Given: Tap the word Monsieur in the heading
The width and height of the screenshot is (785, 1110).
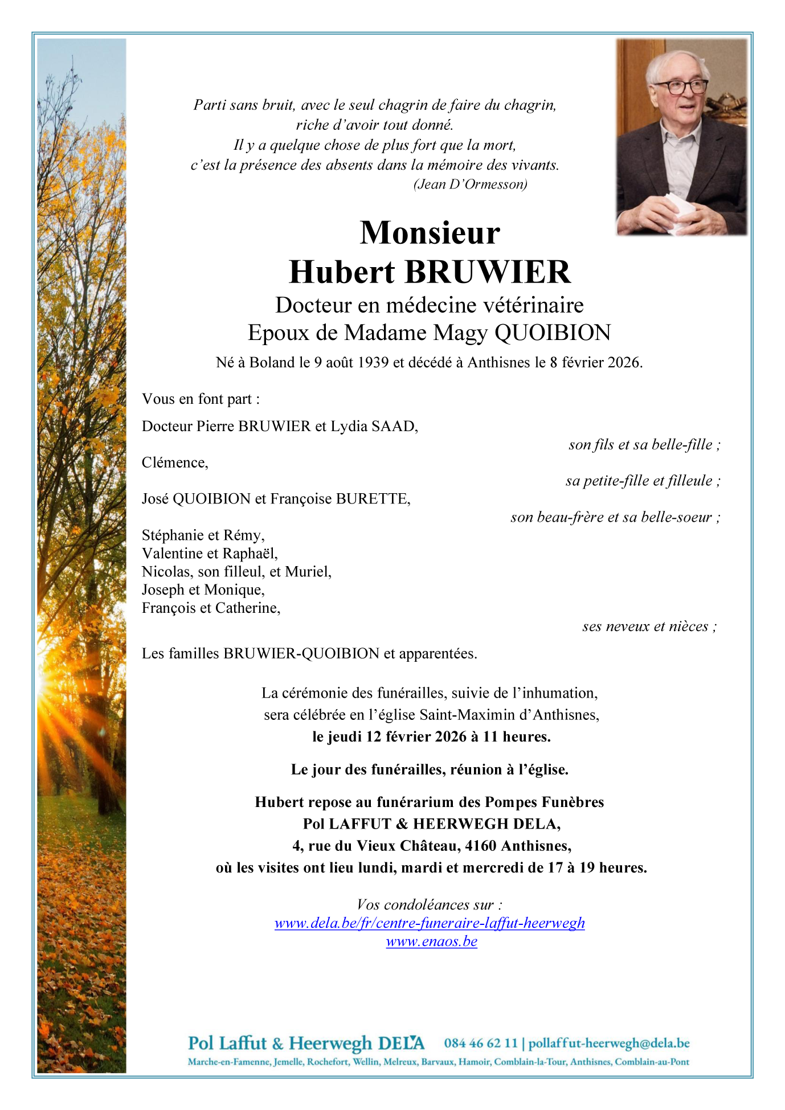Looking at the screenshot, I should tap(430, 233).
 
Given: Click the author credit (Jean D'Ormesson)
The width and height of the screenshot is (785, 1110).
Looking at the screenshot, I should tap(470, 184).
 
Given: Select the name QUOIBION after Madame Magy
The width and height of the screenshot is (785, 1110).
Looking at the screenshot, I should tap(553, 333).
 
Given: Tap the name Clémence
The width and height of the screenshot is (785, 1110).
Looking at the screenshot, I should tap(175, 462).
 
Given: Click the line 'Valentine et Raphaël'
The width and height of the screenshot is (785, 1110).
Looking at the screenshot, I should tap(210, 554).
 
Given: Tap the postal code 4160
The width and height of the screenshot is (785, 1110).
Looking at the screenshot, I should tap(481, 846).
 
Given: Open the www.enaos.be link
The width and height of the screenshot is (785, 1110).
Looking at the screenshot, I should tap(431, 941).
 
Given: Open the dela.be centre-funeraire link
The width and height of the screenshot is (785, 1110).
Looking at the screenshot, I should tap(430, 923).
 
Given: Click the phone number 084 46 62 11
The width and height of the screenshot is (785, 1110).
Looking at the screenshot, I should tap(481, 1043).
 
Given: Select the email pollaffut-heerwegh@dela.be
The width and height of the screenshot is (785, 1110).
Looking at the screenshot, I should tap(609, 1043).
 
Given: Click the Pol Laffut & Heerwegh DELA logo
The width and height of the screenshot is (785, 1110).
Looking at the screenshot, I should tap(306, 1043).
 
